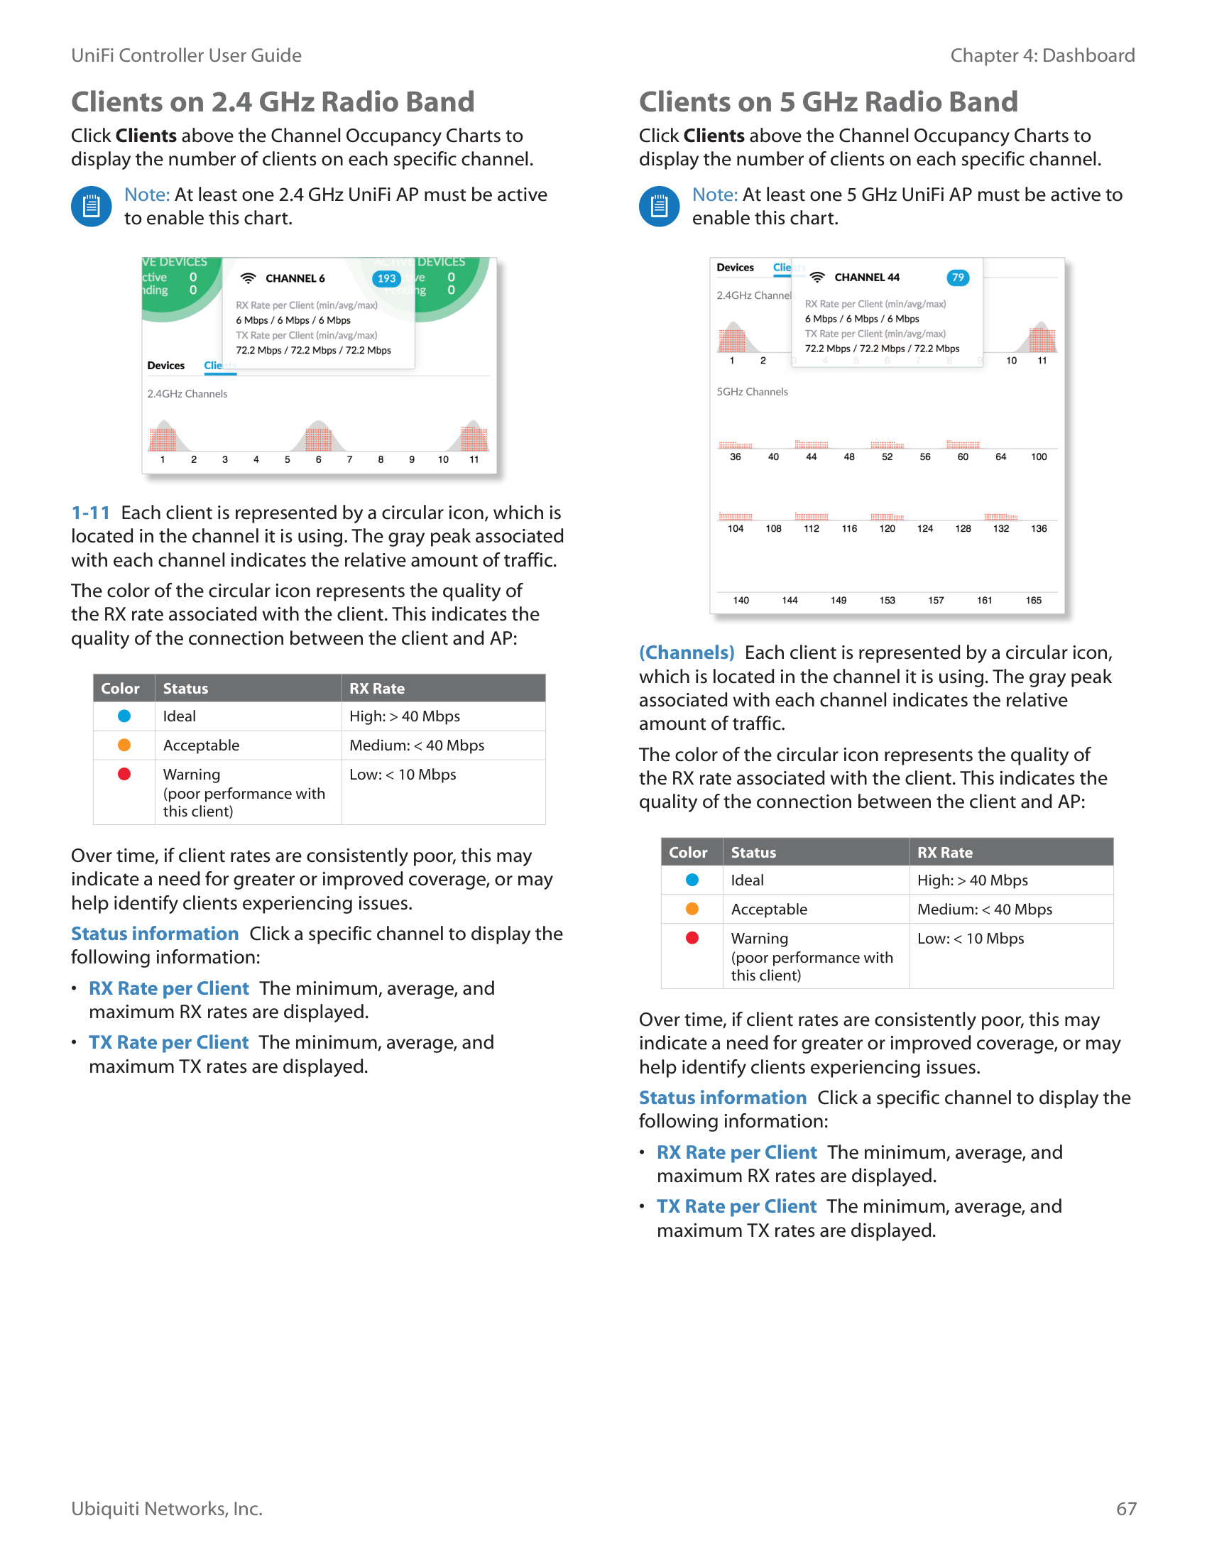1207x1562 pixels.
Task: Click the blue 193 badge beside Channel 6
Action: coord(386,278)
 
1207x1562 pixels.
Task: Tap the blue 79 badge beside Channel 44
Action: coord(958,278)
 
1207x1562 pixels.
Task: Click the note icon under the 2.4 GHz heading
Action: coord(92,207)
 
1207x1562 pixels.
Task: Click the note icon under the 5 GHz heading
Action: coord(659,207)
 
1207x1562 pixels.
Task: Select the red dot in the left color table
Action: coord(124,774)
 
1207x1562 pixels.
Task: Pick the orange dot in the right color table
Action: coord(692,909)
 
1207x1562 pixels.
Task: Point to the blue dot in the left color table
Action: coord(124,716)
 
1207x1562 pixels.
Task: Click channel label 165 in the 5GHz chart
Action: coord(1033,600)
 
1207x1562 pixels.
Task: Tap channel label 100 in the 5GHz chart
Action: coord(1038,457)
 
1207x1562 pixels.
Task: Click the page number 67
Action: coord(1125,1508)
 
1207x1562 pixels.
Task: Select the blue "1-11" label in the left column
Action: coord(91,513)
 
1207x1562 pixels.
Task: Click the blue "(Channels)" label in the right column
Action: coord(687,652)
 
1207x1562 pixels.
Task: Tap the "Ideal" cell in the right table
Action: coord(747,880)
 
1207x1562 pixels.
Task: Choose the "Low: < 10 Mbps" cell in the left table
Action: coord(403,775)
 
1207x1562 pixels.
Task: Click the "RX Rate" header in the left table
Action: coord(377,688)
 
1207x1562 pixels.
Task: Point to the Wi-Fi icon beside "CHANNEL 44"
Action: coord(817,278)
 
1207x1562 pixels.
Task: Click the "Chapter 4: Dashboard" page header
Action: coord(1042,55)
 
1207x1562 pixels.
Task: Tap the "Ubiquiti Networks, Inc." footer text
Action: coord(167,1508)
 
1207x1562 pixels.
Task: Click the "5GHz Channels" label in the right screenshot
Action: coord(752,391)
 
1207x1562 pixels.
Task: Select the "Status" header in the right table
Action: coord(753,852)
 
